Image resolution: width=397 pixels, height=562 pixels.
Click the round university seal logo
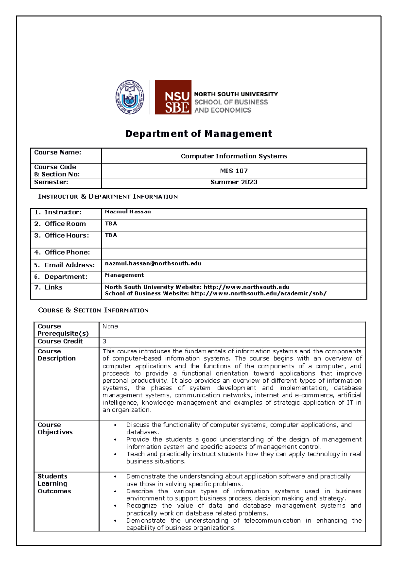[x=130, y=97]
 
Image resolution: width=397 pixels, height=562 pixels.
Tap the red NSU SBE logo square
[x=173, y=97]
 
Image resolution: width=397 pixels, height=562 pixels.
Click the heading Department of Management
[x=198, y=134]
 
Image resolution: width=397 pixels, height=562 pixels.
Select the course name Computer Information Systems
[x=234, y=156]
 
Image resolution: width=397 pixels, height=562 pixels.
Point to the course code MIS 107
[x=234, y=171]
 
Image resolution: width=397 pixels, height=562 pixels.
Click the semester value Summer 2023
[x=234, y=182]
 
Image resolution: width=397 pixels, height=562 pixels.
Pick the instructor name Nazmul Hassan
[x=128, y=211]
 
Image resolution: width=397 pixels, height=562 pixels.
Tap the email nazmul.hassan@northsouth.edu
[x=153, y=263]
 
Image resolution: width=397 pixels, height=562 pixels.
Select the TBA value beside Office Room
[x=111, y=224]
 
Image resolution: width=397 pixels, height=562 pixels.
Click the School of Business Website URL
[x=258, y=293]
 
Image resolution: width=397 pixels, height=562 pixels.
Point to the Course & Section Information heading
[x=93, y=310]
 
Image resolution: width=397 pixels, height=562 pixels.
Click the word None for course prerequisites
[x=110, y=326]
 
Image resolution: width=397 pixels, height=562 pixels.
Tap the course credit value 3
[x=104, y=341]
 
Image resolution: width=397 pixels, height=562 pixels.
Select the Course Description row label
[x=57, y=355]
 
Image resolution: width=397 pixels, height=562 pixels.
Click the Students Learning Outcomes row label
[x=54, y=484]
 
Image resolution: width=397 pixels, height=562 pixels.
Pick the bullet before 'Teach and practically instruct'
[x=115, y=454]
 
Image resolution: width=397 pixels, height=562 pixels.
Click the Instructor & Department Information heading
[x=108, y=196]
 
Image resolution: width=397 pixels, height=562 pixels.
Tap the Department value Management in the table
[x=124, y=275]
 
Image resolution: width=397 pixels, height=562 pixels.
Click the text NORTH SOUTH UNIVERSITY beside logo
[x=236, y=94]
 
